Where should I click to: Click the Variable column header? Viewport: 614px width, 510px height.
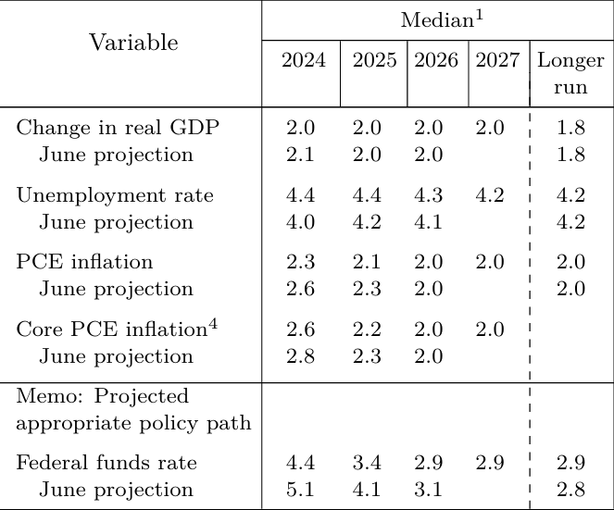click(133, 43)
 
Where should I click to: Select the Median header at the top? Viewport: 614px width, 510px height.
click(436, 19)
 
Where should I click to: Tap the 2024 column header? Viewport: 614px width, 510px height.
click(303, 61)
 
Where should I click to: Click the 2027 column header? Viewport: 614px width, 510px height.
click(497, 61)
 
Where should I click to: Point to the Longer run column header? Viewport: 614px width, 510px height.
click(570, 74)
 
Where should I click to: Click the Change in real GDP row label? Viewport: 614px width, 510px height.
click(118, 128)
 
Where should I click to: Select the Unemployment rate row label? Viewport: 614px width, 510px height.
click(115, 195)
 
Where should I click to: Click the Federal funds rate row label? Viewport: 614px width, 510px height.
click(107, 463)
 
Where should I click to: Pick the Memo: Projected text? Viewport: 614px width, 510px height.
click(102, 396)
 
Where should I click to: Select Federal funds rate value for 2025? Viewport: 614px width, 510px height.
click(372, 463)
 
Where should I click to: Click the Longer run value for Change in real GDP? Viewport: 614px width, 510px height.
click(570, 128)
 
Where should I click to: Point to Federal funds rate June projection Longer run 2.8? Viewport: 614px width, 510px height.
click(570, 490)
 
